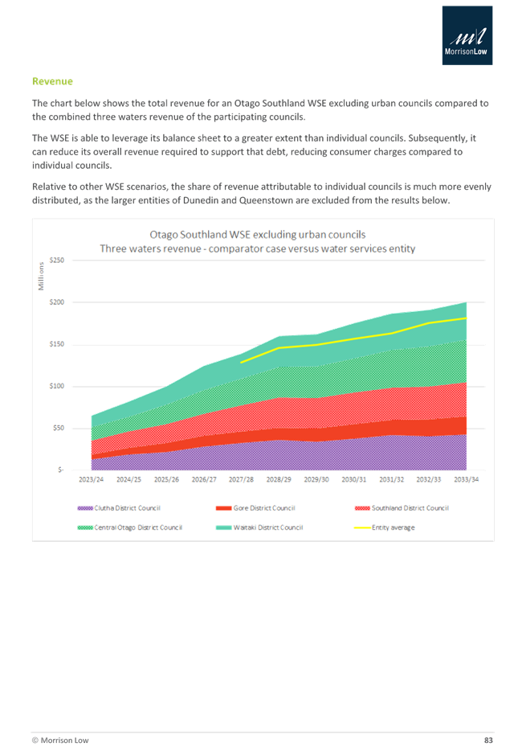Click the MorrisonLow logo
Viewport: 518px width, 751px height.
[467, 35]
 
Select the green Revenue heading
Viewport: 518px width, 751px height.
[52, 81]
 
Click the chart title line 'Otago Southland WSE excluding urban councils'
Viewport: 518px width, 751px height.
[258, 234]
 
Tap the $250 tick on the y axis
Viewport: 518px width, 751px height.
[56, 261]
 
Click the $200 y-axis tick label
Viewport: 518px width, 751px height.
[56, 302]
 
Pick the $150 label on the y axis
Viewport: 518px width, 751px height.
[56, 344]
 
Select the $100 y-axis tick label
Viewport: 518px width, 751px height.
[56, 386]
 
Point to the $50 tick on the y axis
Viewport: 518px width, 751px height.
[58, 428]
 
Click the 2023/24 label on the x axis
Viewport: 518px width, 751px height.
[91, 479]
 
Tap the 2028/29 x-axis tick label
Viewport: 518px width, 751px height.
[279, 479]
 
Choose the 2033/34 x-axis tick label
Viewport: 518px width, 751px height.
[467, 479]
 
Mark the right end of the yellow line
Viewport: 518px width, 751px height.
[467, 318]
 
